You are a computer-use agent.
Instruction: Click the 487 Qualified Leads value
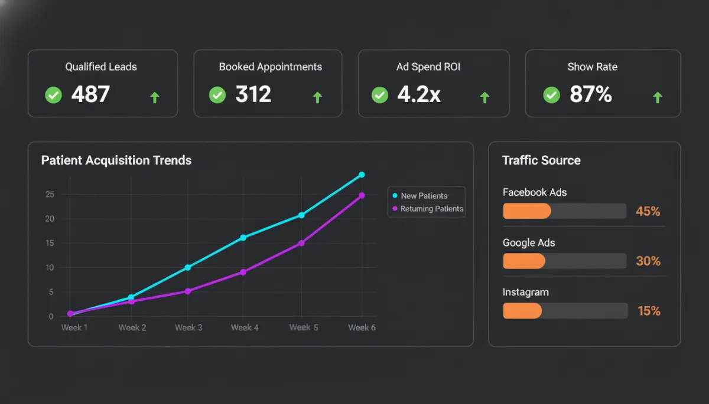point(90,94)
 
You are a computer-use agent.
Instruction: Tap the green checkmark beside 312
point(217,94)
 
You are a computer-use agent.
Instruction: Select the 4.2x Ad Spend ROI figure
point(419,94)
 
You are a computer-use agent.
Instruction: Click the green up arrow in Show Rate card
point(657,97)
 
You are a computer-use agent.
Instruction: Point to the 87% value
point(591,94)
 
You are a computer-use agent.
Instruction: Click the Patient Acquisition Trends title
point(116,160)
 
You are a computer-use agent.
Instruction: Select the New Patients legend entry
point(424,196)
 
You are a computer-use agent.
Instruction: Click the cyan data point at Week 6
point(362,175)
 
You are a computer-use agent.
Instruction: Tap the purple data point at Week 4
point(243,272)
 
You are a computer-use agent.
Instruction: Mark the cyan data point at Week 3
point(188,267)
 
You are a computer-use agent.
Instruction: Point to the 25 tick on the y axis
point(50,195)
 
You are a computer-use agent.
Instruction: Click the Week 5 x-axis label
point(304,327)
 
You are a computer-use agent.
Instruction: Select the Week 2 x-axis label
point(132,327)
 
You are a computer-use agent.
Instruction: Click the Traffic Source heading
point(541,160)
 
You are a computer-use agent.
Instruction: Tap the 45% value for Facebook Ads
point(648,211)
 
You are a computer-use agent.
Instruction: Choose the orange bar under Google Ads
point(524,261)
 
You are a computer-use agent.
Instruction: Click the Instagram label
point(525,292)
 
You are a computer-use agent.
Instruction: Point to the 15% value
point(649,311)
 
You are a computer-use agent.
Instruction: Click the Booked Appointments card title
point(270,67)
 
